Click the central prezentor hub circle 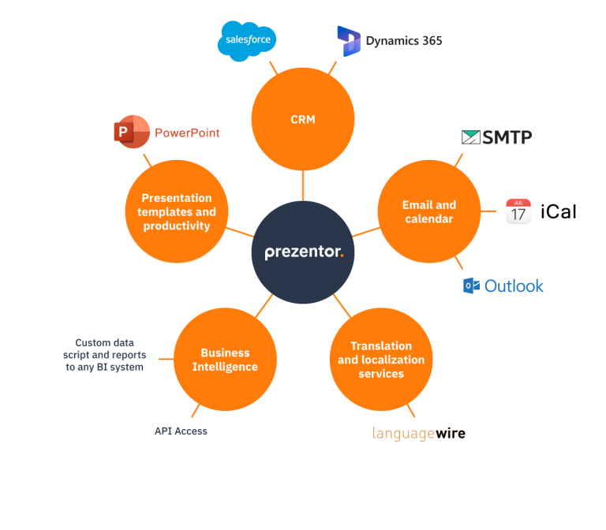pos(303,252)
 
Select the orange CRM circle pos(303,119)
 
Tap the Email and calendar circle pos(429,211)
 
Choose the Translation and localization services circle pos(381,360)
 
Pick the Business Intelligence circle pos(225,360)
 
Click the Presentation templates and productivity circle pos(177,211)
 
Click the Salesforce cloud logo pos(247,40)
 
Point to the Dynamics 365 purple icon pos(348,41)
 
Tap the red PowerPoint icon pos(131,132)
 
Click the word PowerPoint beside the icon pos(187,133)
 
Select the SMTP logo pos(496,137)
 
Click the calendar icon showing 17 pos(518,211)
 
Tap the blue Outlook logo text pos(513,286)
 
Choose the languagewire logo pos(418,433)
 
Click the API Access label pos(181,431)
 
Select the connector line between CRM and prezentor pos(303,185)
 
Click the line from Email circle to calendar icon pos(489,211)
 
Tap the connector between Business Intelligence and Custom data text pos(165,359)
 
